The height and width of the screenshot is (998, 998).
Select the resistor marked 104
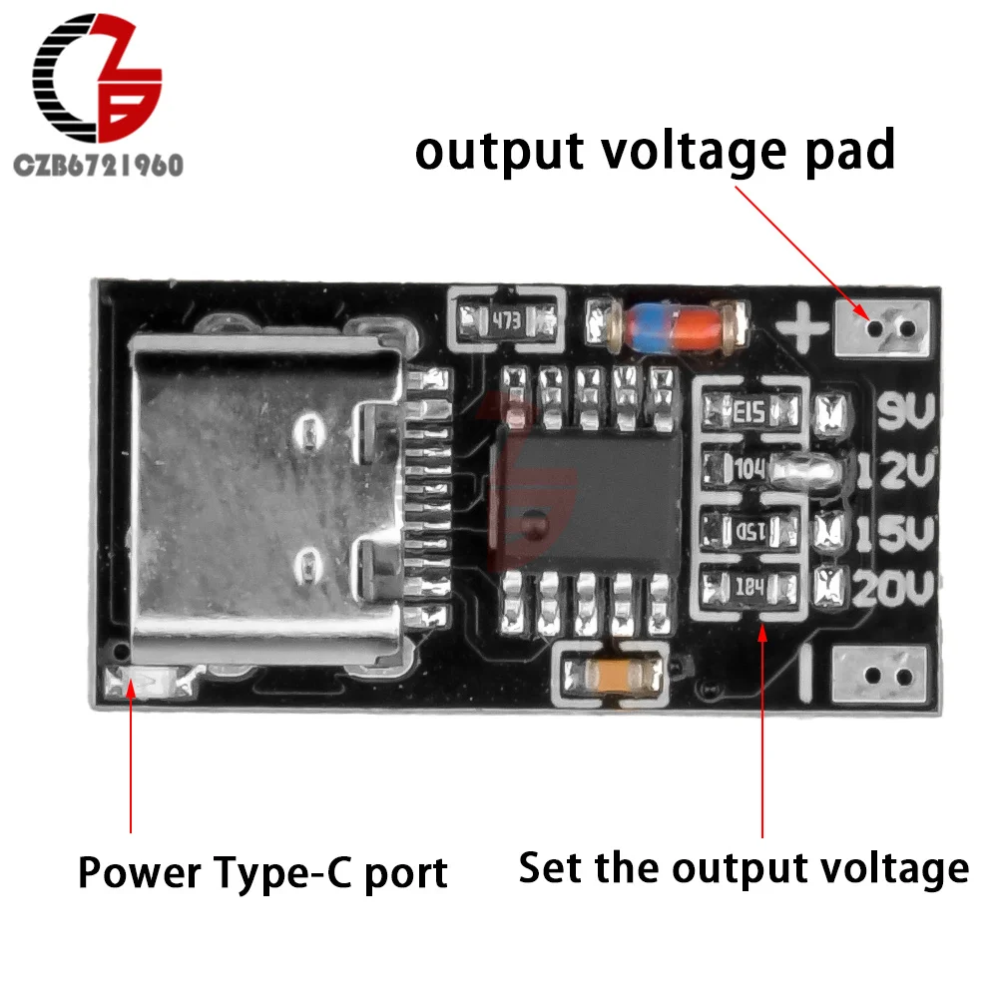[x=749, y=466]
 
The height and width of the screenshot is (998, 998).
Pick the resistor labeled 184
[x=750, y=586]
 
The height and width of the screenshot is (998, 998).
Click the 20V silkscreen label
[x=892, y=592]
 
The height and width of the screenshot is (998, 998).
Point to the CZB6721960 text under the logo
[x=97, y=166]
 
